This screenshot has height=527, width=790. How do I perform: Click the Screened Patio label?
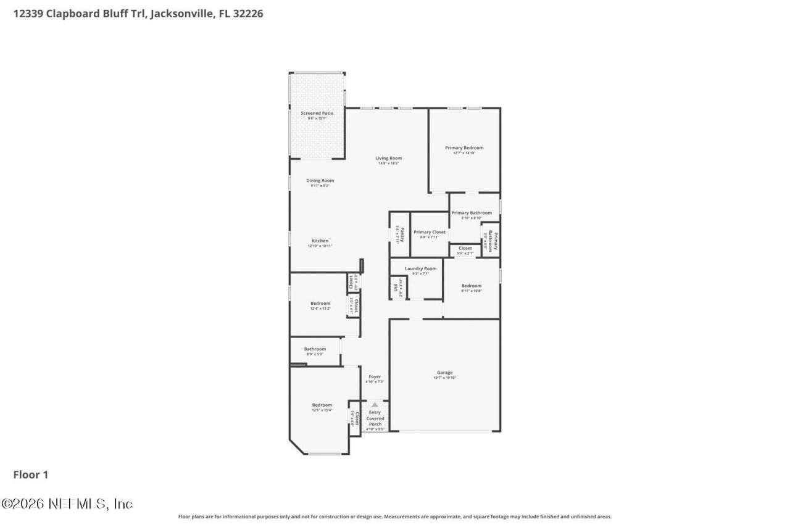coord(317,114)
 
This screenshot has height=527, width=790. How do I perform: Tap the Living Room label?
coord(388,159)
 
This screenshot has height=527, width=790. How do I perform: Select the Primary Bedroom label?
coord(464,148)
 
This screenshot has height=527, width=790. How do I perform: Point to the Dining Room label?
coord(320,181)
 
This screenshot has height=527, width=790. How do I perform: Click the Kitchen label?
coord(320,241)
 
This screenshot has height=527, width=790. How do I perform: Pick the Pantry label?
coord(401,234)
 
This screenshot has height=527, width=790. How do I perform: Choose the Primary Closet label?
coord(429,233)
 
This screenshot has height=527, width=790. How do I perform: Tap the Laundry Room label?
coord(420,268)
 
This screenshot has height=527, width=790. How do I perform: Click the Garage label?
coord(444,373)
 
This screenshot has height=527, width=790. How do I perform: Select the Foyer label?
coord(375,376)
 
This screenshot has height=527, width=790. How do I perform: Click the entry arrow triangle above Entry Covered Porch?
coord(374,405)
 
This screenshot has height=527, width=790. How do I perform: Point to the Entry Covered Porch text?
coord(375,418)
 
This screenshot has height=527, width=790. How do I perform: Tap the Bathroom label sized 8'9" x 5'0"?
coord(314,349)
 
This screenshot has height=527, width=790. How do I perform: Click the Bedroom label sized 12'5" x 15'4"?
coord(322,405)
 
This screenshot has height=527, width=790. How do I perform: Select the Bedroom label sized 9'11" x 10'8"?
coord(471,286)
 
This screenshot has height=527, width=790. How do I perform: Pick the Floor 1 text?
coord(30,475)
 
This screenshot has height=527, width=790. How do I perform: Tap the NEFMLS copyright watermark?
coord(67,504)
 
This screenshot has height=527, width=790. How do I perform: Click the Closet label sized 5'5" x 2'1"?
coord(465,249)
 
